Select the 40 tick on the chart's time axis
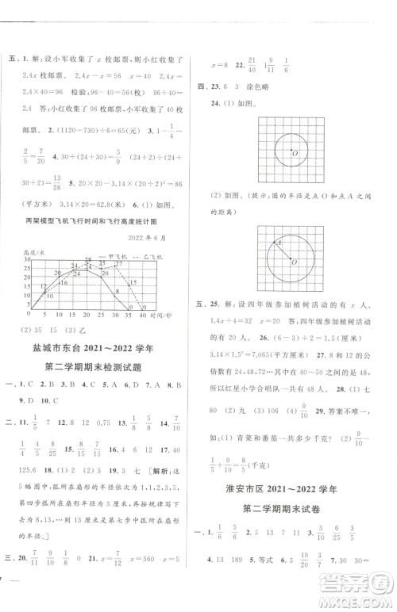click(x=144, y=315)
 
